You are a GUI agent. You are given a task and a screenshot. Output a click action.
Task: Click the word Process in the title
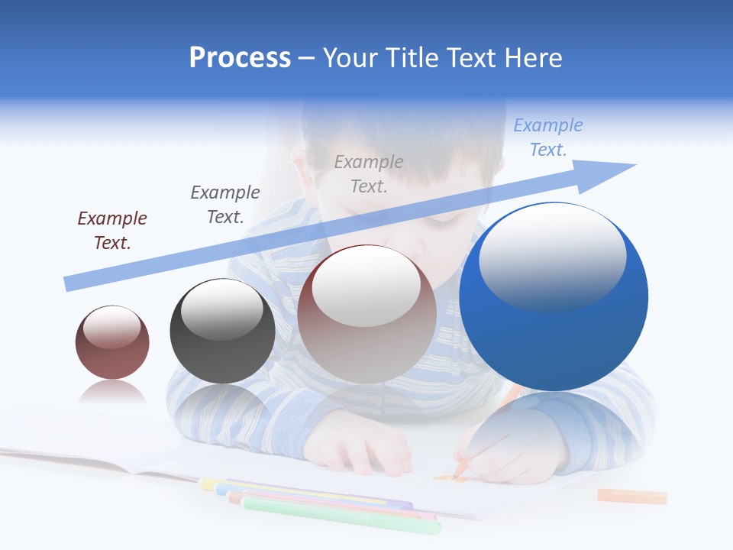click(x=240, y=58)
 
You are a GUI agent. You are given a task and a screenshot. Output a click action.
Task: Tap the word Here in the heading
click(x=532, y=58)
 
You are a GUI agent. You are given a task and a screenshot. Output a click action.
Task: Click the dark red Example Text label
click(x=112, y=231)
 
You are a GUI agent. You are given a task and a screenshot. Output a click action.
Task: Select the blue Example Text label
click(x=548, y=137)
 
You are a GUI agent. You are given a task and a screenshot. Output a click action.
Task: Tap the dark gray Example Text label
click(x=225, y=205)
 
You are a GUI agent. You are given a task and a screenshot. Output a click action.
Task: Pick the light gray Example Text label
click(x=369, y=173)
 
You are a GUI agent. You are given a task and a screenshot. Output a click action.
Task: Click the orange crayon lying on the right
click(x=631, y=497)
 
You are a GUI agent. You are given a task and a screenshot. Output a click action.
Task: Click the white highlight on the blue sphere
click(x=552, y=256)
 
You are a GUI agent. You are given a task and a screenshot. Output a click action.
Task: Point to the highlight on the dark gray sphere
click(x=221, y=309)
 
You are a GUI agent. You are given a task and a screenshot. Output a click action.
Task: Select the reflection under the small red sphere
click(x=112, y=393)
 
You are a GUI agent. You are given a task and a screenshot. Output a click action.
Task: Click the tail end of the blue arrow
click(x=70, y=283)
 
